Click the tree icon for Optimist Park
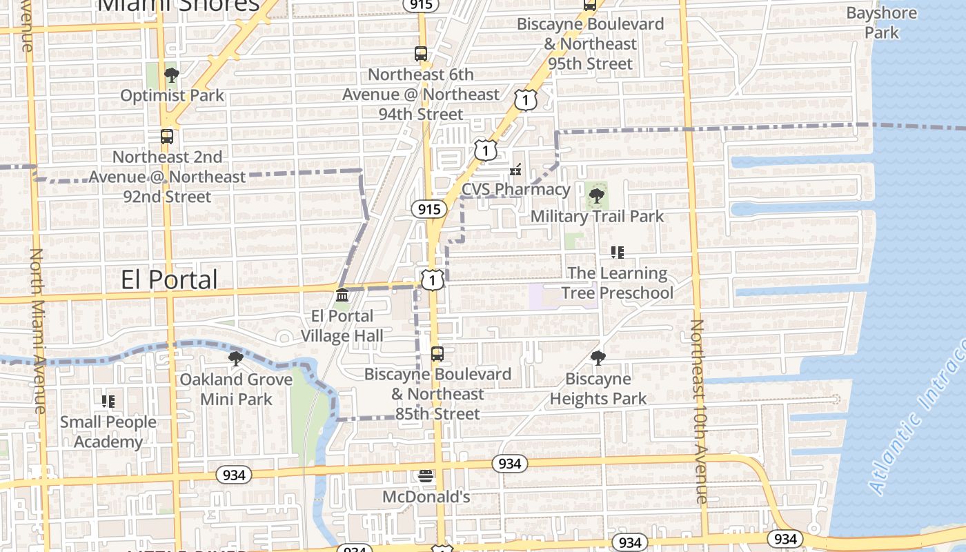click(x=171, y=75)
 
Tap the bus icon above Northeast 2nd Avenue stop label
click(x=166, y=137)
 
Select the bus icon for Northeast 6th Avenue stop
click(x=420, y=54)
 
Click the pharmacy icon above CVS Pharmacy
click(x=515, y=169)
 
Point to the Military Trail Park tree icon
click(x=596, y=196)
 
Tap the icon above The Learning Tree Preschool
click(x=617, y=253)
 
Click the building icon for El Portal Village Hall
click(x=342, y=295)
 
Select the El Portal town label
click(x=169, y=279)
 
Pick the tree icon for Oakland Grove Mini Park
click(x=235, y=359)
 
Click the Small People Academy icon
click(x=108, y=401)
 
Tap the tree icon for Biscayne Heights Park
click(x=598, y=358)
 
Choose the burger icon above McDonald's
click(x=426, y=476)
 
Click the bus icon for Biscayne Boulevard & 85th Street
click(x=437, y=354)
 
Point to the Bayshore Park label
click(x=881, y=23)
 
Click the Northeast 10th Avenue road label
click(x=698, y=411)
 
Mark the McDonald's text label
click(x=426, y=497)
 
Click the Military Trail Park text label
click(x=597, y=216)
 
